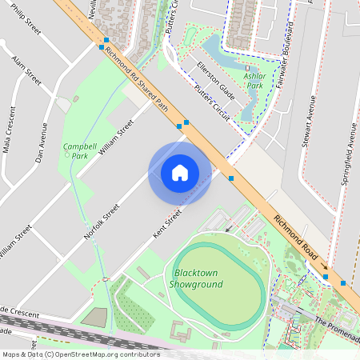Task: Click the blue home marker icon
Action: (x=180, y=172)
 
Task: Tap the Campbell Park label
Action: (x=75, y=151)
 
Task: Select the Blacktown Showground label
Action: (x=198, y=278)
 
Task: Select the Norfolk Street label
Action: (x=102, y=222)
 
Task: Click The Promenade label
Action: (x=336, y=327)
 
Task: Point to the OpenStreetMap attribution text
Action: (x=81, y=354)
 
